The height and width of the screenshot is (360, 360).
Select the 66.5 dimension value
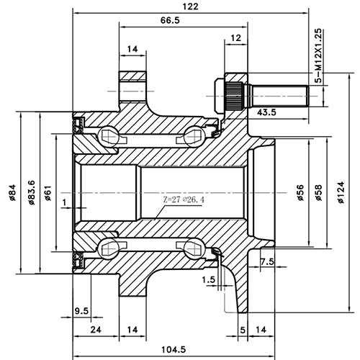coord(170,20)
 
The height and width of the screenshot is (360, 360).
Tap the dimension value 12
coord(235,37)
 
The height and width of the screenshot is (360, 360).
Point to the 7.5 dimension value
coord(266,261)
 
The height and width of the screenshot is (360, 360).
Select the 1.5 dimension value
coord(210,279)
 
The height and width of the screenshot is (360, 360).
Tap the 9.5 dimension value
coord(81,311)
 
